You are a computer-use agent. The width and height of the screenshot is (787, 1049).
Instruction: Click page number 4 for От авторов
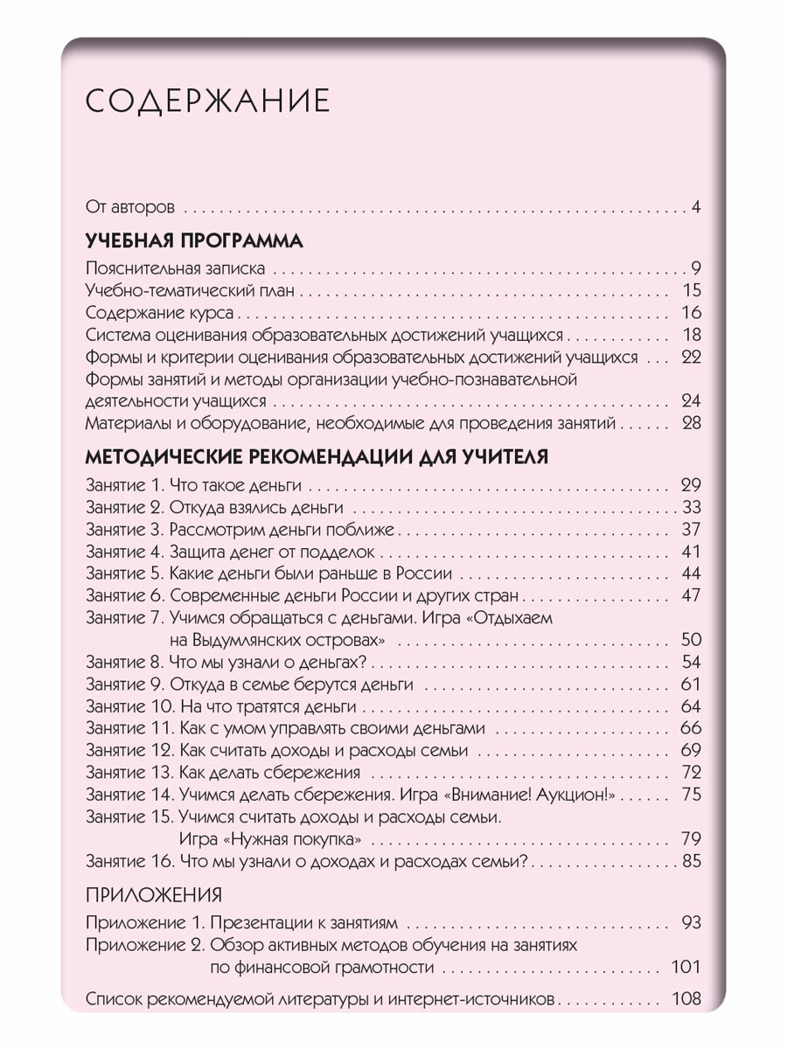tap(696, 207)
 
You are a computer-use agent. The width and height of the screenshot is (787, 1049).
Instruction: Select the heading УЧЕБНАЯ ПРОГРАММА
tap(195, 240)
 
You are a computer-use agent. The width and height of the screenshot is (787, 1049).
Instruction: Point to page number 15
tap(690, 291)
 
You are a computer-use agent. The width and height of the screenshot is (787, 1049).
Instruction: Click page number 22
tap(690, 358)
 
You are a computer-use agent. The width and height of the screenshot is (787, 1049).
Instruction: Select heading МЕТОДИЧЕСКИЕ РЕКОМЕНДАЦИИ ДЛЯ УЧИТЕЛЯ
tap(317, 457)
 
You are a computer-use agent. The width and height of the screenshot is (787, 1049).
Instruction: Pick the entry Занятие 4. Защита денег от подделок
tap(231, 552)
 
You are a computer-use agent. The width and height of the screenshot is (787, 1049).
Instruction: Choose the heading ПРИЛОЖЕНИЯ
tap(154, 895)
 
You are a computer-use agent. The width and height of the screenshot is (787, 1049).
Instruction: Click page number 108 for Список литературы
tap(686, 999)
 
